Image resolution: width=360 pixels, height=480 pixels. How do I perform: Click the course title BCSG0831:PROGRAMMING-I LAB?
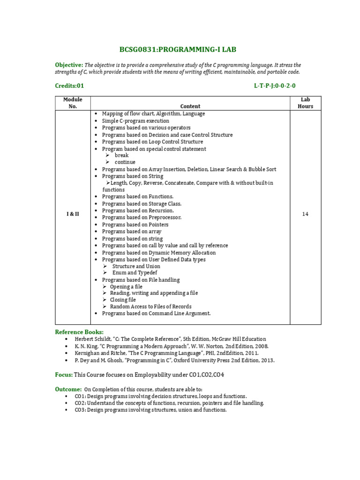[180, 49]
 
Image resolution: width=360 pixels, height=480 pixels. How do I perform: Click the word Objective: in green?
[69, 65]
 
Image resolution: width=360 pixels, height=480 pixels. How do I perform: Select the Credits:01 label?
[69, 86]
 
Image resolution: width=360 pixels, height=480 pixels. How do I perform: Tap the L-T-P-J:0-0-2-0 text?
[275, 86]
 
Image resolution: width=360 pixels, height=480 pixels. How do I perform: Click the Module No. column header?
[73, 103]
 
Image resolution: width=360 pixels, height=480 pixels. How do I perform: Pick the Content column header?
[190, 106]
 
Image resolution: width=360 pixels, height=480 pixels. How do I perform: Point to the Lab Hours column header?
[305, 103]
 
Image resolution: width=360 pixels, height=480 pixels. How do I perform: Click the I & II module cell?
[73, 214]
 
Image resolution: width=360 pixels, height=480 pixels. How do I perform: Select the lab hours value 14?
[305, 214]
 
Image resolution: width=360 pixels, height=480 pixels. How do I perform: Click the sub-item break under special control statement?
[121, 155]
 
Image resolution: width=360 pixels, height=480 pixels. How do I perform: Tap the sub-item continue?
[125, 162]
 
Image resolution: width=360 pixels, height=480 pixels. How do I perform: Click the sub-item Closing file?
[123, 300]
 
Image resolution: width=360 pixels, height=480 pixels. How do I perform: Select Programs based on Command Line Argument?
[156, 313]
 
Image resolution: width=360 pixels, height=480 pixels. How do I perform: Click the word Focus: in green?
[64, 375]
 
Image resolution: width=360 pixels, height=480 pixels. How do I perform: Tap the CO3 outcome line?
[150, 410]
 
